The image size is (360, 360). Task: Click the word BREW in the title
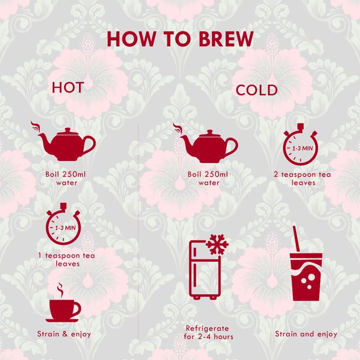(x=226, y=39)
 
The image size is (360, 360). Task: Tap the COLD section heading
(x=257, y=90)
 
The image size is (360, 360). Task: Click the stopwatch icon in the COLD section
(x=301, y=144)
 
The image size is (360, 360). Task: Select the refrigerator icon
(x=204, y=270)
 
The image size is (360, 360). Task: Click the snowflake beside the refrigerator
(x=217, y=244)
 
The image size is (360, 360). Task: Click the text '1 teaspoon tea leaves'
(x=67, y=259)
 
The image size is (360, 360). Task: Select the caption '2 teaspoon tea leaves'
(x=302, y=178)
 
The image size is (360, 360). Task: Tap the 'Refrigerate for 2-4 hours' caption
(x=208, y=332)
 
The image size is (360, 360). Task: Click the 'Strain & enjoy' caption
(x=64, y=334)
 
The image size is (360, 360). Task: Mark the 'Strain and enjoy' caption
(x=306, y=334)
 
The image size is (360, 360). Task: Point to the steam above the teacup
(x=60, y=290)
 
